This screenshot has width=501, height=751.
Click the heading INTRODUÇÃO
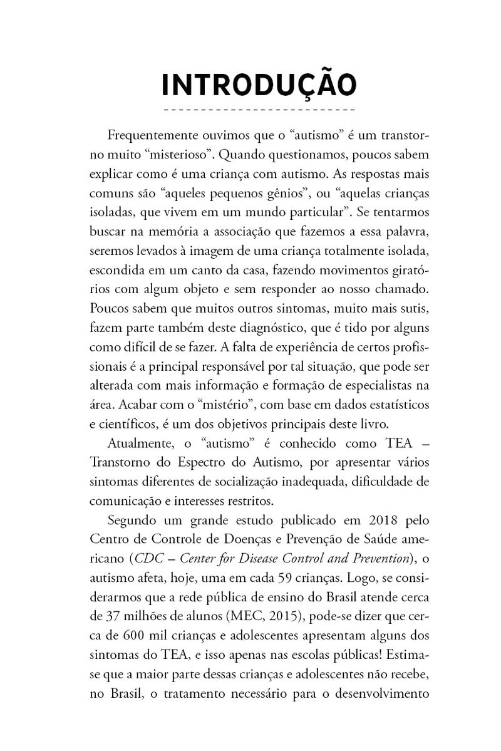pyautogui.click(x=259, y=85)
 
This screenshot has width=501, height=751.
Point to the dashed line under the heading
pyautogui.click(x=259, y=111)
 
